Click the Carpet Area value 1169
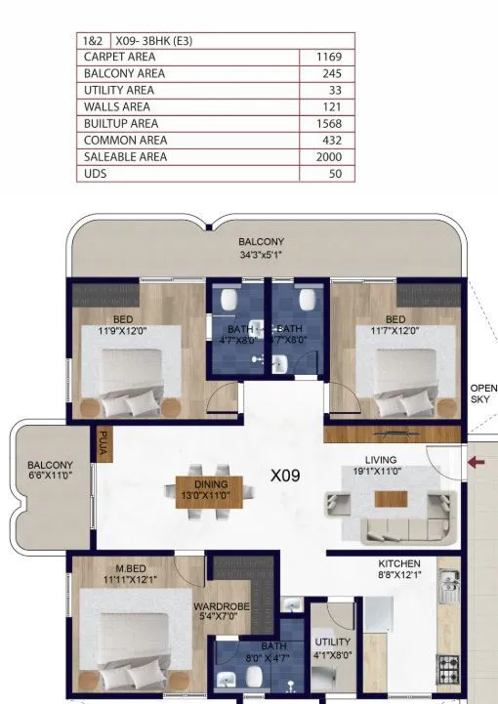(328, 58)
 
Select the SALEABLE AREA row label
(125, 157)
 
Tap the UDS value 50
(335, 174)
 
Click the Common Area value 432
(329, 141)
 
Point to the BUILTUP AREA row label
(121, 124)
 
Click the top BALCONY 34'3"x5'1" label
(261, 248)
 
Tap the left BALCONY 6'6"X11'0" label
(50, 471)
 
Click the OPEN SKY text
(483, 393)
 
